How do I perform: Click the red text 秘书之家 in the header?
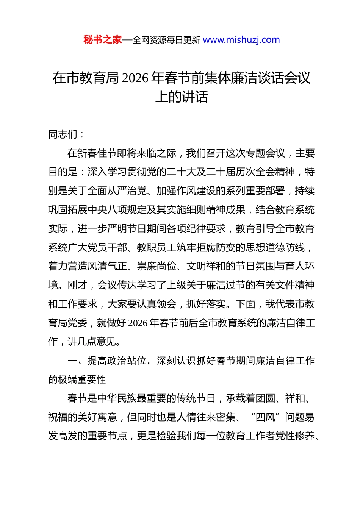coord(102,40)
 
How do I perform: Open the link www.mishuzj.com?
coord(241,40)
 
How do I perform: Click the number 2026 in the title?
coord(135,78)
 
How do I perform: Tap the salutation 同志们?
coord(63,134)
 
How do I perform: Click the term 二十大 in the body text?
coord(181,172)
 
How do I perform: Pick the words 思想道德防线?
coord(275,248)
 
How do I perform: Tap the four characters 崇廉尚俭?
coord(157,266)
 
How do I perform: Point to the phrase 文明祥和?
coord(206,266)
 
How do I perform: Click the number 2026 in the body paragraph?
coord(138,323)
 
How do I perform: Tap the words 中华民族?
coord(117,398)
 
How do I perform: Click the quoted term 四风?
coord(265,417)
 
